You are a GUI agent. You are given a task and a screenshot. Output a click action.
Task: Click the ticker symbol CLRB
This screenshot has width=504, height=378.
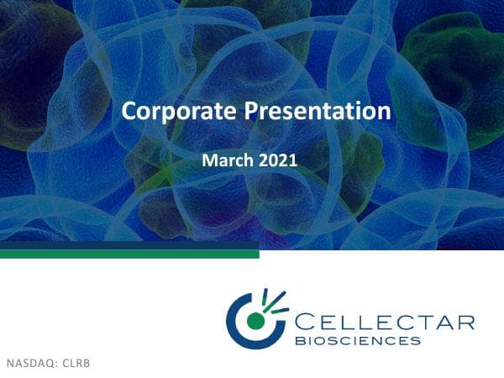(x=75, y=364)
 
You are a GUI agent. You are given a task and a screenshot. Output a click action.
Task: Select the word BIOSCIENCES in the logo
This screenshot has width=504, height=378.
(x=358, y=341)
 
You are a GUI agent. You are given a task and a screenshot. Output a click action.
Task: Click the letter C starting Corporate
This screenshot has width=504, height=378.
(x=129, y=111)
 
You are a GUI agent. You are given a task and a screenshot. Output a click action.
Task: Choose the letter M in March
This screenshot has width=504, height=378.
(x=210, y=158)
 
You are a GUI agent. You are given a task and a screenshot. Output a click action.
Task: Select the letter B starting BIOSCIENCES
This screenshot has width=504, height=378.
(x=299, y=341)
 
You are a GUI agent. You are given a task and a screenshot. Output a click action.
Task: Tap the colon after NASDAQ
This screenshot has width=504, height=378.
(x=58, y=365)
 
